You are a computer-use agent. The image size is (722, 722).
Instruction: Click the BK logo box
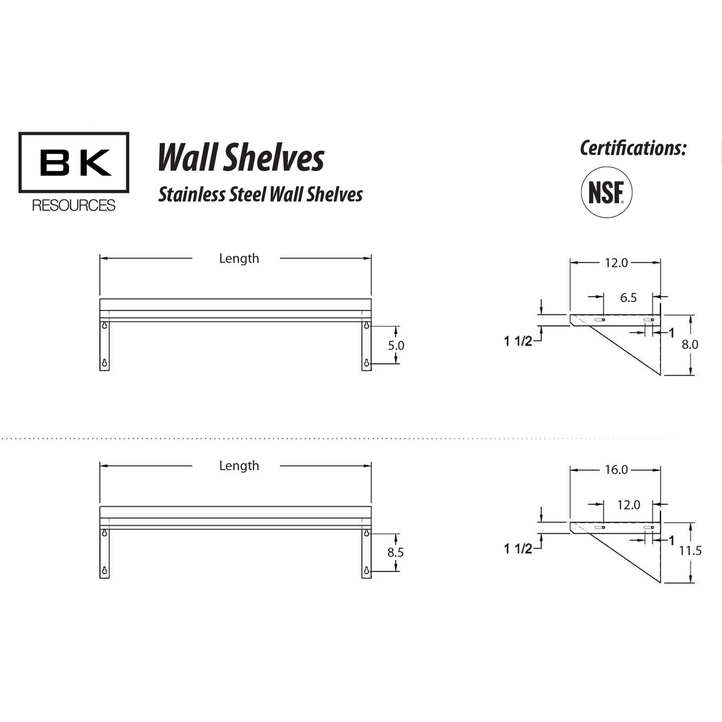(x=74, y=163)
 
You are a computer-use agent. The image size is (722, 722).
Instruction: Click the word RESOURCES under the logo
(x=74, y=206)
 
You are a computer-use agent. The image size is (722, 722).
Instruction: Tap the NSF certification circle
(x=606, y=193)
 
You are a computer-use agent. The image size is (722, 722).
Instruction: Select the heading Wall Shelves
(x=241, y=158)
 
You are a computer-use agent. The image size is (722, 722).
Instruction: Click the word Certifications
(x=632, y=148)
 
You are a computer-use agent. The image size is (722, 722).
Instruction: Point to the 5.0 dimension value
(x=396, y=345)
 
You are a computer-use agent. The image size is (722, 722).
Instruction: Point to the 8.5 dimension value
(x=396, y=553)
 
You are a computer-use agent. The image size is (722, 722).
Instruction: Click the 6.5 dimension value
(x=628, y=297)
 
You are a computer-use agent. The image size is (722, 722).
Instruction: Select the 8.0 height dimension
(x=690, y=344)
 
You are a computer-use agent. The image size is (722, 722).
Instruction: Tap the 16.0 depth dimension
(x=616, y=470)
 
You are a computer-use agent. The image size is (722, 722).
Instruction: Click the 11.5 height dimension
(x=690, y=551)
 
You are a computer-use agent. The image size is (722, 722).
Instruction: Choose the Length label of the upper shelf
(x=239, y=258)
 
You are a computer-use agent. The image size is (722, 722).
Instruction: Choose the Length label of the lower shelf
(x=239, y=466)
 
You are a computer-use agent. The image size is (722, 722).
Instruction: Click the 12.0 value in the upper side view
(x=616, y=263)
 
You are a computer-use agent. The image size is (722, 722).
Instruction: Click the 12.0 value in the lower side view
(x=629, y=505)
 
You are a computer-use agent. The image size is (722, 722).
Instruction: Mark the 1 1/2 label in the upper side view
(x=518, y=341)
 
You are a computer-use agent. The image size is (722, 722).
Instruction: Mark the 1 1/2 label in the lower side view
(x=518, y=549)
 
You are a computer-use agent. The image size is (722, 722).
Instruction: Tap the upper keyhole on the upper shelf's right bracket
(x=367, y=326)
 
